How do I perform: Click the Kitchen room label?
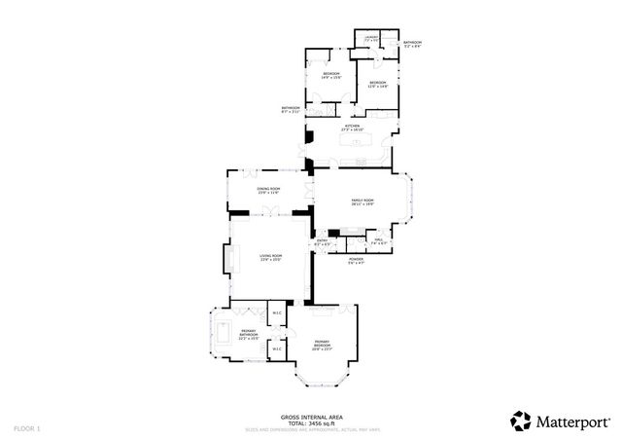(x=352, y=128)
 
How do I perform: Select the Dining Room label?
(x=268, y=190)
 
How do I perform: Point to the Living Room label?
(x=270, y=258)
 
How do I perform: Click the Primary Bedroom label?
(x=323, y=344)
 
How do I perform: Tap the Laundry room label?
(x=370, y=38)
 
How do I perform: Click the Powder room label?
(x=356, y=261)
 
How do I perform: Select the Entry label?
(x=322, y=241)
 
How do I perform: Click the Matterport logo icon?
(x=520, y=420)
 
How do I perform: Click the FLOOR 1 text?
(x=25, y=427)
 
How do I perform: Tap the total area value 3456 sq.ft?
(x=321, y=422)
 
